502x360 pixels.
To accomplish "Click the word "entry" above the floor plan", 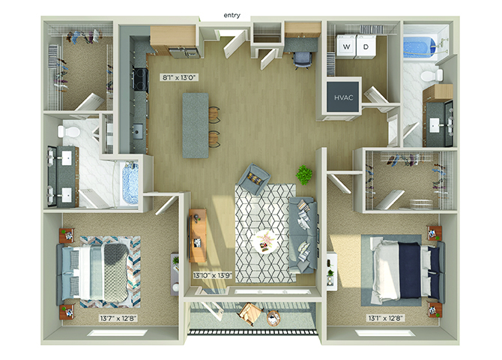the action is pos(232,16).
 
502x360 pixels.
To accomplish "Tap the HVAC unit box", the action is pos(343,97).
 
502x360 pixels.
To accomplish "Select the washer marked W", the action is pos(346,46).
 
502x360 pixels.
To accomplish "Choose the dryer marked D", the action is pos(366,46).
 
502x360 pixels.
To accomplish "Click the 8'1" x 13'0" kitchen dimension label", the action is pos(179,77).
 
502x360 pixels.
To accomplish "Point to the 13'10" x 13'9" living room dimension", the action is pos(213,275).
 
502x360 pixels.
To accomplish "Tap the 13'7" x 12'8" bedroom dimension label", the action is pos(118,318).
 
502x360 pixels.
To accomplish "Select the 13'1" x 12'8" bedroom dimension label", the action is pos(386,318).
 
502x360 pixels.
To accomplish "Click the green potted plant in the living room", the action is pos(304,175).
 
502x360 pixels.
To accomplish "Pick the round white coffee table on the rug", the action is pos(266,241).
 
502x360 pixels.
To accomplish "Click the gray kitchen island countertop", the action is pos(196,125).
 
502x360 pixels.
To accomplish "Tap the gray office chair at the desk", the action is pos(302,60).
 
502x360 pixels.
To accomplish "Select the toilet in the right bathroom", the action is pos(432,76).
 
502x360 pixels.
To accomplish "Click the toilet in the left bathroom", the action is pos(68,131).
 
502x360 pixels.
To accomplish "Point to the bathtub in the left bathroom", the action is pos(130,183).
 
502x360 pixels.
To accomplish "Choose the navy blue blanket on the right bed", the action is pos(410,270).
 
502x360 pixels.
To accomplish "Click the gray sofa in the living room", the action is pos(303,235).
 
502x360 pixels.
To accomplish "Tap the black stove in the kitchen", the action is pos(141,79).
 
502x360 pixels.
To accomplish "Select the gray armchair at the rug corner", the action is pos(254,179).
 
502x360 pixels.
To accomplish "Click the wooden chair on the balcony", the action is pos(250,313).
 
